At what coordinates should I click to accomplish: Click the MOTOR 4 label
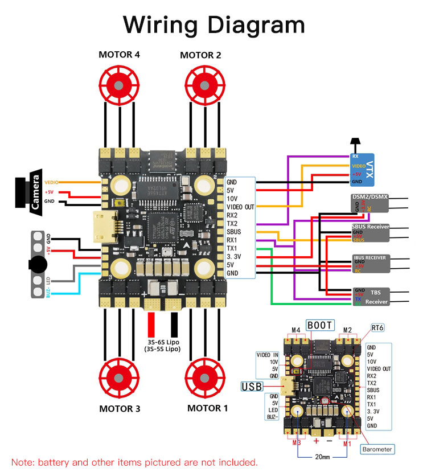(119, 55)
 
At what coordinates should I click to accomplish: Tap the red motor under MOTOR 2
(202, 84)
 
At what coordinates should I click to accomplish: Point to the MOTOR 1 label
(208, 408)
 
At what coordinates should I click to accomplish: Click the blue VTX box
(362, 169)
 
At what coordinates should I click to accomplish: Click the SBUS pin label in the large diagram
(234, 232)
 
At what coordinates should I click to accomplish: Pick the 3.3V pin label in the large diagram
(234, 257)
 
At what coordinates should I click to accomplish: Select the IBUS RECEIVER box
(369, 264)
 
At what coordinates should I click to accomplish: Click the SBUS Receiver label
(369, 227)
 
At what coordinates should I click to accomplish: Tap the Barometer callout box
(377, 449)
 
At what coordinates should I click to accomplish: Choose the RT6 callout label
(377, 327)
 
